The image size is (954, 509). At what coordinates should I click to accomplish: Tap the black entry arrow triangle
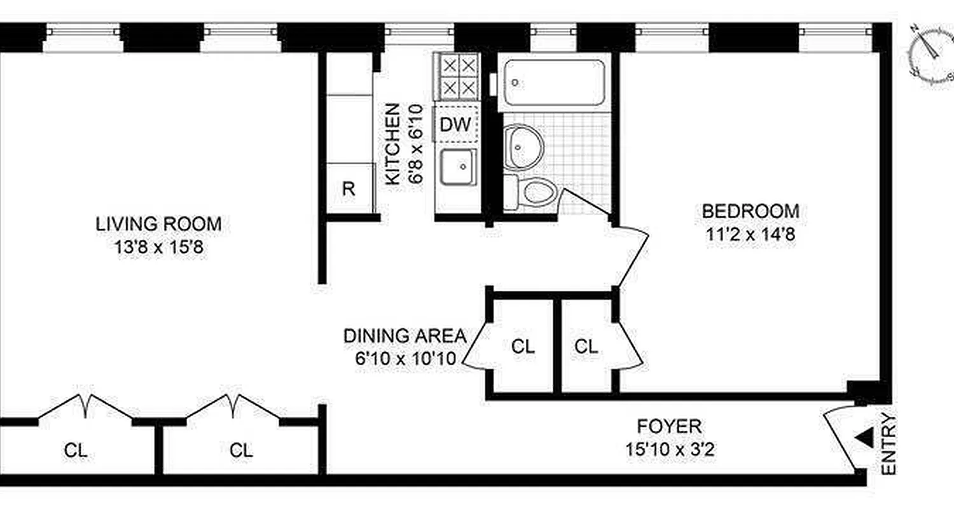click(x=864, y=437)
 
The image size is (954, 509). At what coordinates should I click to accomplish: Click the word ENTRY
click(x=889, y=445)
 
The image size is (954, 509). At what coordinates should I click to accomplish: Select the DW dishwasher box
click(x=456, y=125)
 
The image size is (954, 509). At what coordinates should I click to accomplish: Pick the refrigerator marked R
click(x=349, y=188)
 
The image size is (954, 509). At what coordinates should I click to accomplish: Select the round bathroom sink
click(x=523, y=147)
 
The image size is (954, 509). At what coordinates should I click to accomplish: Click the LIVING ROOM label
click(x=158, y=224)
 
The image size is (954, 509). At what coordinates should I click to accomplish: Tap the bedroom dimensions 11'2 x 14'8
click(x=750, y=234)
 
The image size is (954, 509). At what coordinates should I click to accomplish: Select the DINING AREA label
click(x=405, y=336)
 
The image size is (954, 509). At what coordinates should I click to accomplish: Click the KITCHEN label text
click(x=394, y=144)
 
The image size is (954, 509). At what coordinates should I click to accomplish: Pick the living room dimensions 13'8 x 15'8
click(x=158, y=247)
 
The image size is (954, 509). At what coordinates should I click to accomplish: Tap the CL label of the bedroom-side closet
click(x=586, y=347)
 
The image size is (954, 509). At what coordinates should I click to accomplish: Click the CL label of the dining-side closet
click(x=523, y=347)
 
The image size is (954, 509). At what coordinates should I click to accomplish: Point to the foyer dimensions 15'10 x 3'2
click(x=669, y=449)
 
